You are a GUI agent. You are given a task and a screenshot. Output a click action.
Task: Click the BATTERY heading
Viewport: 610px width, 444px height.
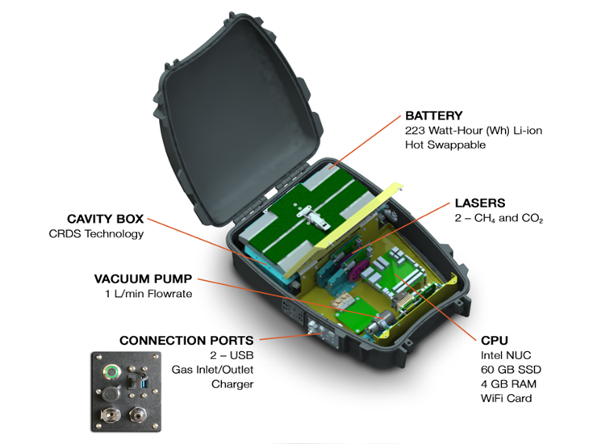[434, 115]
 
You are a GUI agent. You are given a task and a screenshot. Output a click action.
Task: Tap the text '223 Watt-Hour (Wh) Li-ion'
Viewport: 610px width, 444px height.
[474, 130]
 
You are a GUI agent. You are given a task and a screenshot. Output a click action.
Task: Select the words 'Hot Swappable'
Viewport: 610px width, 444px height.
[445, 145]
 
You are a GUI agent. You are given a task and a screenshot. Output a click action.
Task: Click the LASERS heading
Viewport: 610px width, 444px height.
[480, 203]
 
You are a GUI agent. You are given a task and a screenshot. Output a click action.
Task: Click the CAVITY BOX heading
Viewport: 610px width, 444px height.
[105, 219]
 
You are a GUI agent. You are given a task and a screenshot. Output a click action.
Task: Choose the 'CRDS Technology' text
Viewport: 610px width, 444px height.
[96, 233]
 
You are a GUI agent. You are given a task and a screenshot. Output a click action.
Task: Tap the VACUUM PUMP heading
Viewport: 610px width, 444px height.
[143, 279]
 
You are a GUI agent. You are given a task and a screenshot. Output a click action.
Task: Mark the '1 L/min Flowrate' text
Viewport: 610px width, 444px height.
[148, 293]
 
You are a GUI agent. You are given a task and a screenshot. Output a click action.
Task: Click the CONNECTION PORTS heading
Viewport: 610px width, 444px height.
[186, 340]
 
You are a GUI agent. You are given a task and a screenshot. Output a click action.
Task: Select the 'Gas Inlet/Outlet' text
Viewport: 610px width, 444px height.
[212, 369]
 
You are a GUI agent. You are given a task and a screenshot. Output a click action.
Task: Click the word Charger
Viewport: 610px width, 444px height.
[232, 384]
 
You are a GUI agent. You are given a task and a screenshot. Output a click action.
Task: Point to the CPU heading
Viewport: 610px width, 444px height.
[495, 340]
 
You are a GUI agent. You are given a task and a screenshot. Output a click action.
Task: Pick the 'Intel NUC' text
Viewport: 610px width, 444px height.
[506, 355]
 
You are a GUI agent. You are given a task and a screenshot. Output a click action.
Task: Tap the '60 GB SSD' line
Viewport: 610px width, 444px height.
[511, 370]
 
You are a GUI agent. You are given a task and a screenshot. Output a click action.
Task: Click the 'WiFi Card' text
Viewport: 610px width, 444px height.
[506, 398]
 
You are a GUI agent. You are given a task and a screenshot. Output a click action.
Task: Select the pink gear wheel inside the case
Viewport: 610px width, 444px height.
[355, 270]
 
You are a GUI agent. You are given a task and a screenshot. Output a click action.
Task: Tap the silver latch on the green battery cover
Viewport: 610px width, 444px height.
[315, 216]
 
